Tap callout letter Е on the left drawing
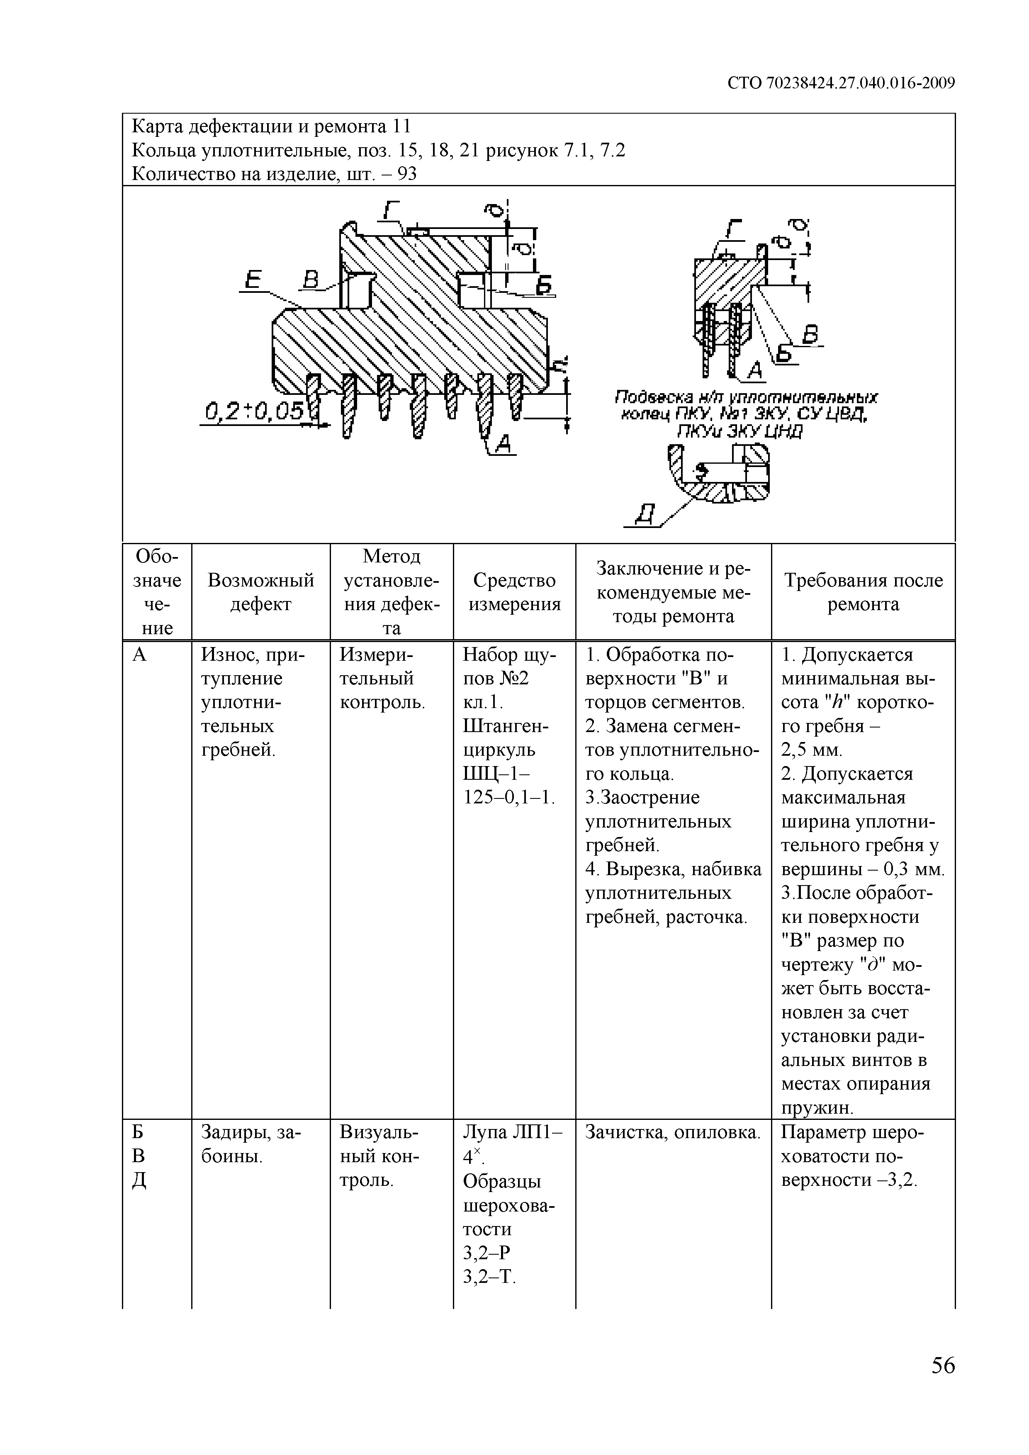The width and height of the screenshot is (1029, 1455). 253,280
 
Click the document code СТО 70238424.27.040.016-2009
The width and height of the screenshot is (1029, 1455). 841,83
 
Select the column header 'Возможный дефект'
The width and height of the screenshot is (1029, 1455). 260,592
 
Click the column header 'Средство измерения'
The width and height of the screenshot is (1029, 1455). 514,592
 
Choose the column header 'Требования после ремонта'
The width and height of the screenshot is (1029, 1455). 863,592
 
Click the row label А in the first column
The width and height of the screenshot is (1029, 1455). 139,655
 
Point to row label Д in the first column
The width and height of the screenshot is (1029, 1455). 139,1180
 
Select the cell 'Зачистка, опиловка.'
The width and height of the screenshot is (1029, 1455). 672,1132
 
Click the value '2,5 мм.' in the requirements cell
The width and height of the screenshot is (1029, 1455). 812,750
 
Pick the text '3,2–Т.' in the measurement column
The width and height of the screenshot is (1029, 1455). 489,1276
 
